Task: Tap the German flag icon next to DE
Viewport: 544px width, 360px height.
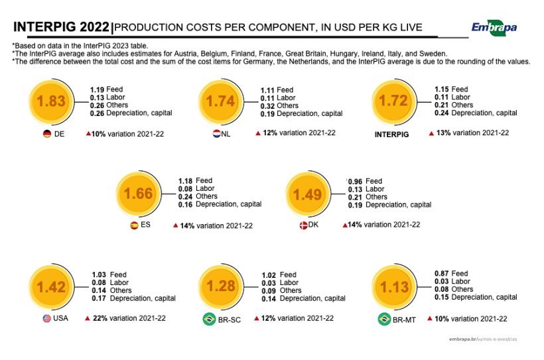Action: (x=47, y=133)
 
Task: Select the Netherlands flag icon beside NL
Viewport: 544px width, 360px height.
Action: (x=216, y=133)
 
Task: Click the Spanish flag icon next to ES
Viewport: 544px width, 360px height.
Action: (x=134, y=225)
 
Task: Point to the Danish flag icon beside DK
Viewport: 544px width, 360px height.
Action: (x=303, y=225)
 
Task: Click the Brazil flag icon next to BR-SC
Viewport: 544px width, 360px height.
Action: (x=209, y=319)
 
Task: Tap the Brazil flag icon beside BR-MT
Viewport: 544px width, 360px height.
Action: (x=383, y=319)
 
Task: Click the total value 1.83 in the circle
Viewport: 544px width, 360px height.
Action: (x=51, y=101)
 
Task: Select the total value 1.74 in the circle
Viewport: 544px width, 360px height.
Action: (x=221, y=101)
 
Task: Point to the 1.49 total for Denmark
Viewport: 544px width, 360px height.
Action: (x=307, y=194)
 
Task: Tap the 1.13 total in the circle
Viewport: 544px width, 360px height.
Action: (x=393, y=286)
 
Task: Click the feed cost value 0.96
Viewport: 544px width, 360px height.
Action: (x=356, y=181)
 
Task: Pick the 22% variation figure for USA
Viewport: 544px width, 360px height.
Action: (x=100, y=318)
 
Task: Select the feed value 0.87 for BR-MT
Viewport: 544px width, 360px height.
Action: (x=442, y=274)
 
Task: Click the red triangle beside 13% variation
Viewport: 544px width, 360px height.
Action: (x=431, y=133)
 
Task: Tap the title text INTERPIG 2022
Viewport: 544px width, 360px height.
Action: (x=61, y=27)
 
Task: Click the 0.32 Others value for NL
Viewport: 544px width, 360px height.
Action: (x=267, y=106)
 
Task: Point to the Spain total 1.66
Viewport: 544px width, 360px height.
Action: (x=139, y=194)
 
